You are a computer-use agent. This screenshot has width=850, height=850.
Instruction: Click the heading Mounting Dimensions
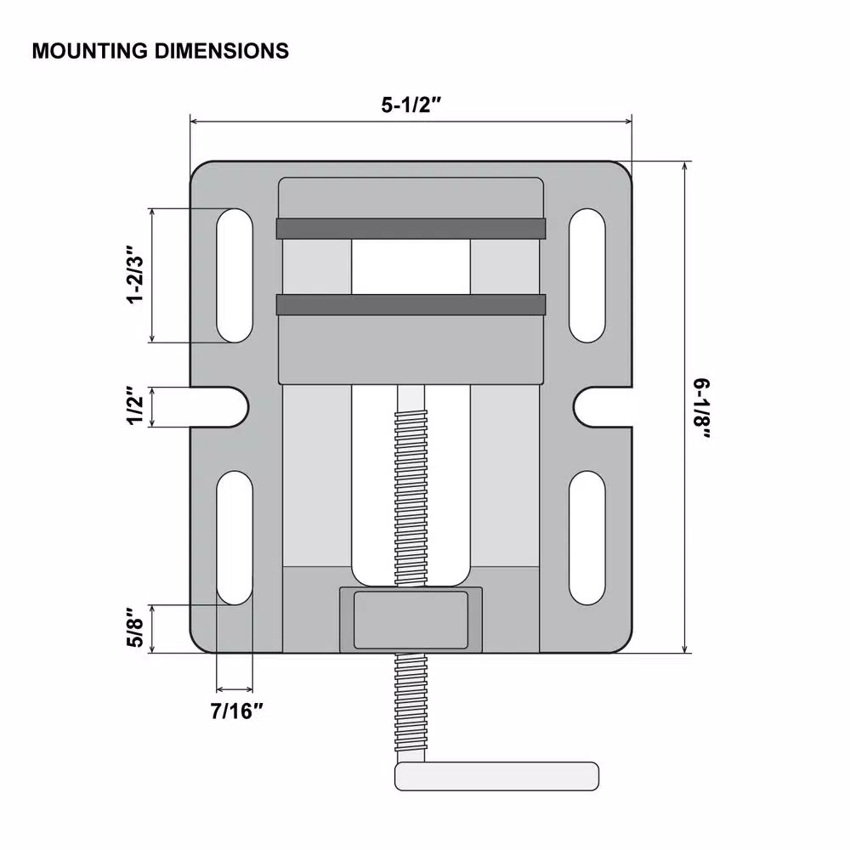(x=160, y=51)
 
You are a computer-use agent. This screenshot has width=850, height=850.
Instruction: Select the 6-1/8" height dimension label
(x=703, y=409)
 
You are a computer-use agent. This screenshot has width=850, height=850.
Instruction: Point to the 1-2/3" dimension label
(x=133, y=275)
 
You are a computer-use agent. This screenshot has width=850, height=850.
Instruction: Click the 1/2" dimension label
(x=133, y=407)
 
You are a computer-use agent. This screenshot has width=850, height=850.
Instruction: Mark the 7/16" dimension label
(x=235, y=711)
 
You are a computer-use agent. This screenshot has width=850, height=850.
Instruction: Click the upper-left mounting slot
(x=235, y=275)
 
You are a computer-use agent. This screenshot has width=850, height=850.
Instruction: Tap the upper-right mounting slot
(x=587, y=275)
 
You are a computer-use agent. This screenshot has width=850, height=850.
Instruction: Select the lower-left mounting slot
(x=235, y=537)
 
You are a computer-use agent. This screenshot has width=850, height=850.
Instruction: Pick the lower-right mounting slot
(x=587, y=537)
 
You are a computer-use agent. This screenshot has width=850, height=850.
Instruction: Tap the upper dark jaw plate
(x=411, y=228)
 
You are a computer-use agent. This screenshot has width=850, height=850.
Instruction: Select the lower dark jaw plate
(x=411, y=305)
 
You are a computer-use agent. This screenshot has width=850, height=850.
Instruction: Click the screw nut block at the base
(x=411, y=620)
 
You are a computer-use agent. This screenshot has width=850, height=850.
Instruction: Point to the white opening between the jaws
(x=411, y=266)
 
